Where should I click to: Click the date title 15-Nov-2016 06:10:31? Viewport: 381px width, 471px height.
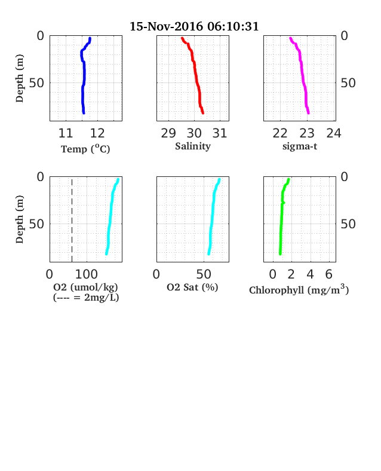click(x=194, y=26)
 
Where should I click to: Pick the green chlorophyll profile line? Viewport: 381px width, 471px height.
click(x=282, y=216)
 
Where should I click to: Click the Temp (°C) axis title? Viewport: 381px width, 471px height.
click(x=85, y=149)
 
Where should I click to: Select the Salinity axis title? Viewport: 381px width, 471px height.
click(x=193, y=146)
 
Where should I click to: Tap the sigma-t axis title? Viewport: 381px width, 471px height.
click(x=300, y=146)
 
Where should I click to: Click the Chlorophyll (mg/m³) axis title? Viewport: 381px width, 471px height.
click(x=299, y=289)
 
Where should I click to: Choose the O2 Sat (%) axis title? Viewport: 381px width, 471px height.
click(x=192, y=288)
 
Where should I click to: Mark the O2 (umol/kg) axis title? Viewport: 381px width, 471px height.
click(x=85, y=288)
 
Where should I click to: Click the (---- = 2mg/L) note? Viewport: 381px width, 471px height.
click(x=86, y=298)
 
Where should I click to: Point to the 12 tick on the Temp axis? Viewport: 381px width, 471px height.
click(x=97, y=133)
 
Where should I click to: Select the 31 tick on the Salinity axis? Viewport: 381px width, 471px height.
click(x=220, y=133)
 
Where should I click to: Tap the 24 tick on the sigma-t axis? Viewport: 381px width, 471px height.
click(x=334, y=133)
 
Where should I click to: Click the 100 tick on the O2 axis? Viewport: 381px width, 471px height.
click(x=87, y=274)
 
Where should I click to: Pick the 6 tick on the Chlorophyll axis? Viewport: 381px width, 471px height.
click(x=329, y=274)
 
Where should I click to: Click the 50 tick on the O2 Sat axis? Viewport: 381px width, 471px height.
click(x=204, y=274)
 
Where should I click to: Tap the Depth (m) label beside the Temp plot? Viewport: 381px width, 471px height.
click(x=20, y=78)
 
